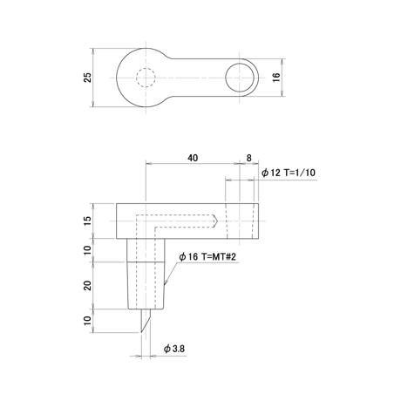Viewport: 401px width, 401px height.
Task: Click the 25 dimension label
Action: click(x=87, y=78)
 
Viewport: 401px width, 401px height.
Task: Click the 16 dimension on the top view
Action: click(x=276, y=77)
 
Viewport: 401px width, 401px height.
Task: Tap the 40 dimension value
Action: click(x=193, y=158)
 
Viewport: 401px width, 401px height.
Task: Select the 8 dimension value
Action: click(x=248, y=158)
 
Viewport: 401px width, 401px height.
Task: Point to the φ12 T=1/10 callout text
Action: click(x=288, y=173)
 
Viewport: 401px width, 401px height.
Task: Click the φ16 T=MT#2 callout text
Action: click(x=207, y=256)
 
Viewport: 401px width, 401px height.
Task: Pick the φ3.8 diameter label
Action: click(x=174, y=349)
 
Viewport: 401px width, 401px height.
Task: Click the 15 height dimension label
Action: click(x=87, y=221)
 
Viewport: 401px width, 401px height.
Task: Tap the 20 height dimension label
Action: click(x=87, y=285)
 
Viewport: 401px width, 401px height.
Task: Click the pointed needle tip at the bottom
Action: click(x=141, y=332)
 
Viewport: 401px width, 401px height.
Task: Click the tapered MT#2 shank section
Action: click(x=146, y=285)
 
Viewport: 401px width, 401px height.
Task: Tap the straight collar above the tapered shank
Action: click(x=146, y=250)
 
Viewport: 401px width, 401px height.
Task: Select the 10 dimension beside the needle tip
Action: click(x=87, y=321)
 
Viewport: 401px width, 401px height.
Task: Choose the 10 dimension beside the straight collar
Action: click(x=87, y=250)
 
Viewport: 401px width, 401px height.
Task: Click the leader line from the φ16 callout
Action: click(x=171, y=274)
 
